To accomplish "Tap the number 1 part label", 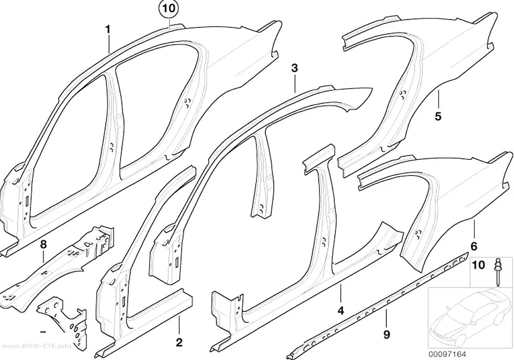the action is pyautogui.click(x=108, y=29).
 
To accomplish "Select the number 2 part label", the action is pyautogui.click(x=179, y=343).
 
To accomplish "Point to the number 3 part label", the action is pyautogui.click(x=294, y=69).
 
